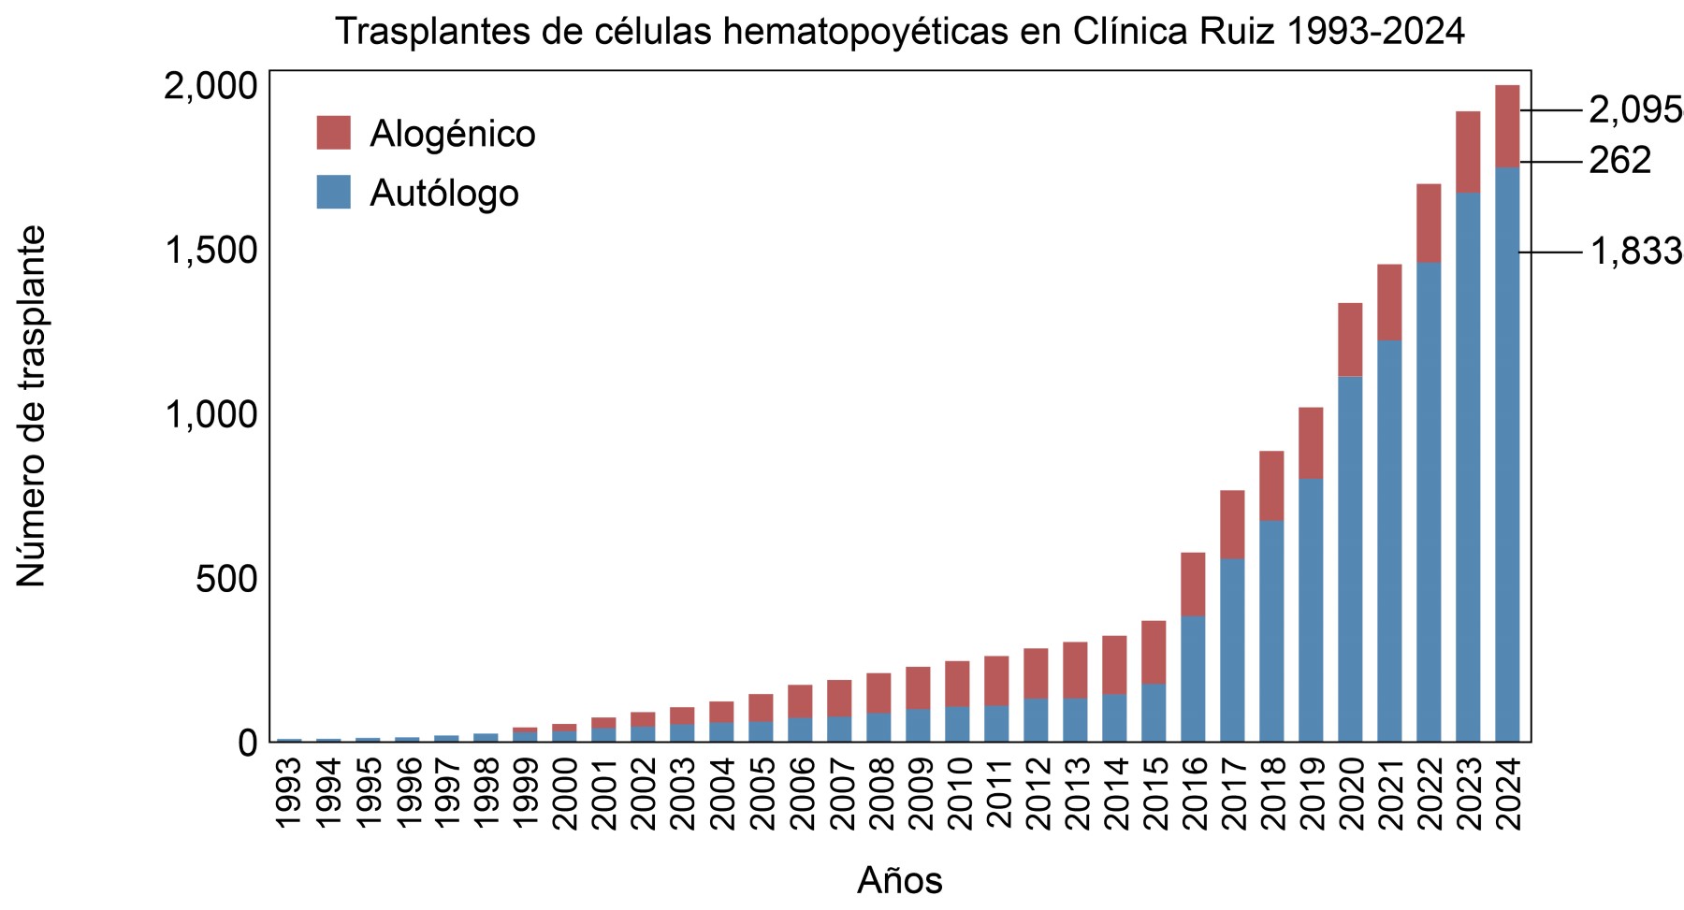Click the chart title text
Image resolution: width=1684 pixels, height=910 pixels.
click(x=899, y=32)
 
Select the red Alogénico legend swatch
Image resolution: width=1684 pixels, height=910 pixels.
click(x=333, y=133)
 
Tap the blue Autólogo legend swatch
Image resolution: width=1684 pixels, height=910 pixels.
click(x=333, y=192)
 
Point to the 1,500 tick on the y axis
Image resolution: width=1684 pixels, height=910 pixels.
click(x=210, y=252)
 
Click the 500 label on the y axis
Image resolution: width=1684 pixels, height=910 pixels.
click(x=225, y=580)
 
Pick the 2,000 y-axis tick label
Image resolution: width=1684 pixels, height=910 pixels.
click(x=210, y=87)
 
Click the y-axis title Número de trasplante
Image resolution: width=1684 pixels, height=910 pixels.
click(x=31, y=407)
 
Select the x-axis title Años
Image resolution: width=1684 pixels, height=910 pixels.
click(x=899, y=880)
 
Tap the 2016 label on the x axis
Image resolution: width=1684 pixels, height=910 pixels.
click(x=1193, y=794)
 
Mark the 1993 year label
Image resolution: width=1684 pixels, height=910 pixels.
click(x=289, y=794)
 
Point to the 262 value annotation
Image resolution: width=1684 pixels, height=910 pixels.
click(x=1620, y=161)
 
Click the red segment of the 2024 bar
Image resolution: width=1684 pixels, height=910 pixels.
click(x=1506, y=126)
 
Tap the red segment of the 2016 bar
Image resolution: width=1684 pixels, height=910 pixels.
click(x=1193, y=584)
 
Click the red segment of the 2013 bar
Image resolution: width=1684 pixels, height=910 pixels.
click(x=1075, y=670)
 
